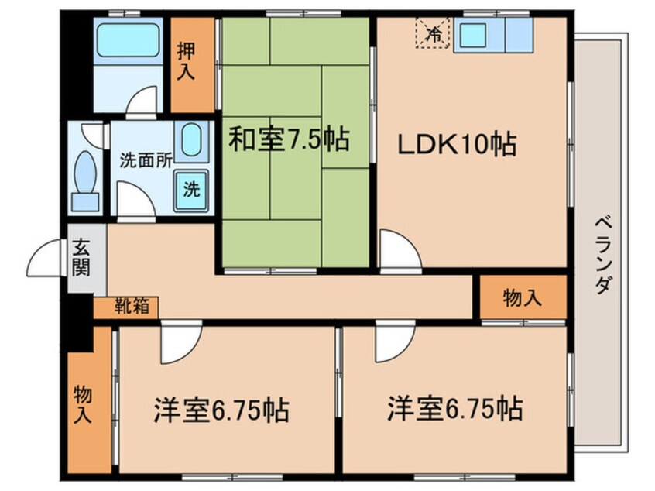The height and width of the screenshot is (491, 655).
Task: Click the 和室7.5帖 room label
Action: point(288,140)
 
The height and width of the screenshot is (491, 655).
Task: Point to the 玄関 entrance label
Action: point(81,259)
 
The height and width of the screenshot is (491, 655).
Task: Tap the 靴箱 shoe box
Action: point(125,307)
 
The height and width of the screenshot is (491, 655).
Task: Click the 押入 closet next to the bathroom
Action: point(186,64)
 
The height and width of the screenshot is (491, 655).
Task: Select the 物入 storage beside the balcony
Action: point(523,297)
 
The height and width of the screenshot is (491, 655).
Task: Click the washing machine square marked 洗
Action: point(190,188)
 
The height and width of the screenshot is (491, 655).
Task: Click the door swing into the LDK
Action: point(399,250)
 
